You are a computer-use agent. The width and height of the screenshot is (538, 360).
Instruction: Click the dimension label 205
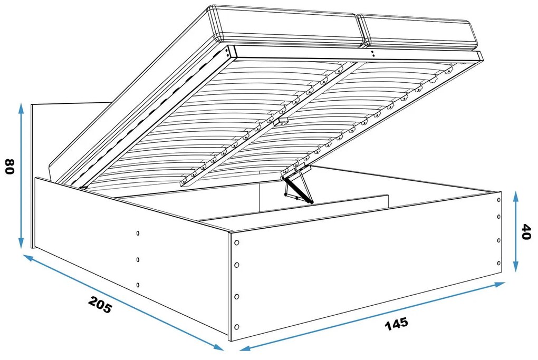[100, 304]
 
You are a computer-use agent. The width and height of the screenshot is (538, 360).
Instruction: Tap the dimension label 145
[397, 324]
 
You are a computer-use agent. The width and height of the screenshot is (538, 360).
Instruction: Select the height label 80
[10, 166]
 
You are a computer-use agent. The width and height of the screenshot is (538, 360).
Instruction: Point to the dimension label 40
[526, 232]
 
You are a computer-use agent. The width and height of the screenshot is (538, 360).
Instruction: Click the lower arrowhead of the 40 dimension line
[515, 266]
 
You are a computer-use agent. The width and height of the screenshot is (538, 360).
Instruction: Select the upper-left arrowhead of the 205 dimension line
[28, 258]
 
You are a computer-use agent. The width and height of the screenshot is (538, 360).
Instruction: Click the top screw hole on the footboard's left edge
[236, 243]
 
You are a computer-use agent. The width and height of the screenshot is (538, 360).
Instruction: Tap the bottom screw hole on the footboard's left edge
[236, 326]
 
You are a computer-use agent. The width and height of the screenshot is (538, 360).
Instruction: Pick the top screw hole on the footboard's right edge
[498, 200]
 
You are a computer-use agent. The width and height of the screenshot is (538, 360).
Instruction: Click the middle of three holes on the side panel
[138, 260]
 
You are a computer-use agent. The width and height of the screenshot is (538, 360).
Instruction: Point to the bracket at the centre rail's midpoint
[281, 122]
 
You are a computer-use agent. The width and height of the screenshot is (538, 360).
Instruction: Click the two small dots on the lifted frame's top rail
[373, 53]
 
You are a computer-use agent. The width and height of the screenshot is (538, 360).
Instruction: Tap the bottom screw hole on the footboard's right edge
[498, 264]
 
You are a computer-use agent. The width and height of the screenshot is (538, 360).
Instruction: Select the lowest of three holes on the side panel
[138, 285]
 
